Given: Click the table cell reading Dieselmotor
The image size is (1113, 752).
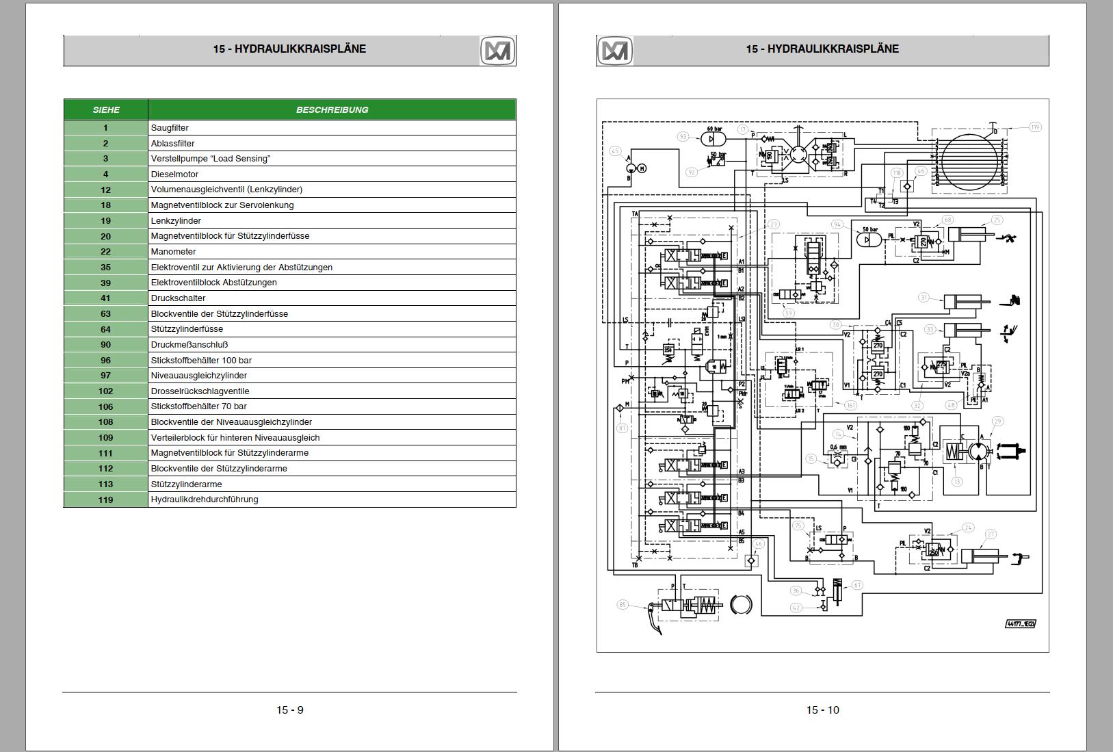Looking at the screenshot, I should pos(332,174).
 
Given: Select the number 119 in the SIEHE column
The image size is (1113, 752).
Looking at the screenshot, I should pos(105,500).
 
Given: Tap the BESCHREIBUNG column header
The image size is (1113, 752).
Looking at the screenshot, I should pos(332,109).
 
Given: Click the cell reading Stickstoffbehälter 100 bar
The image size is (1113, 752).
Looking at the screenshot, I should pos(332,360).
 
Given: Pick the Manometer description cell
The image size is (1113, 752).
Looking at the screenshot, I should pos(332,252).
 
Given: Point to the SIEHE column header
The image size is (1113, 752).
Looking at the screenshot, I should pos(106,109).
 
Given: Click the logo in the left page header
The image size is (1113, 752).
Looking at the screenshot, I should pos(497,51).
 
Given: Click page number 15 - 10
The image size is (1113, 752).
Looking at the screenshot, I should pos(822,710).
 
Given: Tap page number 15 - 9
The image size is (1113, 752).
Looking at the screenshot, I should pos(290,710).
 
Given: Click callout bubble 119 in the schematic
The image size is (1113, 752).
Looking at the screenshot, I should pos(1034,127).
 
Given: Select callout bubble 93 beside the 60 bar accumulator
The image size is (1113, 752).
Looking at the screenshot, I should pos(683,137).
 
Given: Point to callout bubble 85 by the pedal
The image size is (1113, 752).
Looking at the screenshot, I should pos(623,604).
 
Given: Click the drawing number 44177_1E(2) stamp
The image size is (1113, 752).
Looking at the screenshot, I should pos(1020,623).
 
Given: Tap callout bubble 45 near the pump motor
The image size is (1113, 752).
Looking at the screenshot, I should pos(615,152).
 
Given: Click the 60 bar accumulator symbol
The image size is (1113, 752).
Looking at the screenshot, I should pos(713,138).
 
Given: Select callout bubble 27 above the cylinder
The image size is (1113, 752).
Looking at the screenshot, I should pos(991,534).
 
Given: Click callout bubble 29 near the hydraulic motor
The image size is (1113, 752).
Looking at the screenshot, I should pos(997,422).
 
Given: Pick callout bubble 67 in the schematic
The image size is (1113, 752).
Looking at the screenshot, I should pos(856,585).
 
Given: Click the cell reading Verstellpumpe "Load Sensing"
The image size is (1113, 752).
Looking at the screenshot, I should pos(332,159).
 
